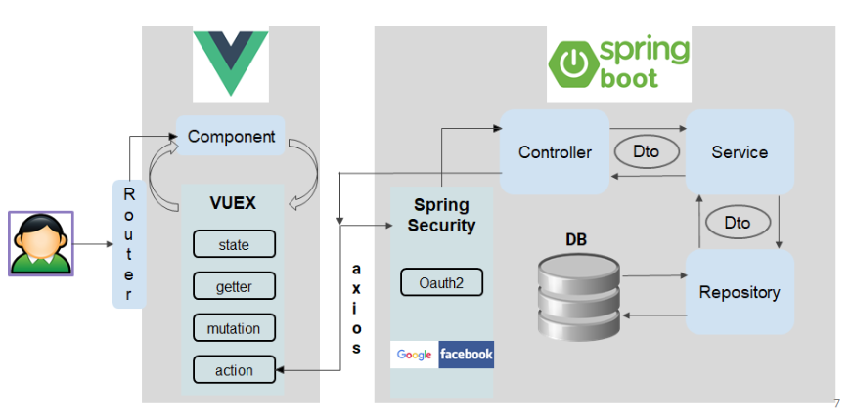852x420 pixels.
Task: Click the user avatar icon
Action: [x=40, y=243]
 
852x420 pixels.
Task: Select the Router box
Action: [x=128, y=244]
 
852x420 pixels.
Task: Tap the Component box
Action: [x=231, y=136]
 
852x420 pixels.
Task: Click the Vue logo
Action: [x=231, y=62]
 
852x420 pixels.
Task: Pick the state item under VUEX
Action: [x=234, y=244]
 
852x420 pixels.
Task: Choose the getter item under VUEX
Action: [x=234, y=286]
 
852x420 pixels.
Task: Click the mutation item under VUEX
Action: [x=234, y=328]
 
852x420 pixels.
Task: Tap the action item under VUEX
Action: [x=234, y=370]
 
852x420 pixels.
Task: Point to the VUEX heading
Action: [x=233, y=203]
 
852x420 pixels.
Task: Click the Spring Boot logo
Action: [x=619, y=63]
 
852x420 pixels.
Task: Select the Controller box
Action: [x=555, y=151]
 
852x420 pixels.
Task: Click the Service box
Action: [x=740, y=151]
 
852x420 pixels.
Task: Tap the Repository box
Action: [x=740, y=292]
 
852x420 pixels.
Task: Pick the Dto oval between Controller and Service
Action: [x=646, y=151]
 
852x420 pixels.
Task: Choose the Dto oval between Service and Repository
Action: [x=737, y=222]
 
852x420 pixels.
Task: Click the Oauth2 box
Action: [x=441, y=282]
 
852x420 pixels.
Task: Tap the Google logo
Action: [x=415, y=355]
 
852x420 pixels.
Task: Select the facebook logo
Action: [x=467, y=355]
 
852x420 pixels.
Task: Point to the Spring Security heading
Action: [x=441, y=215]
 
